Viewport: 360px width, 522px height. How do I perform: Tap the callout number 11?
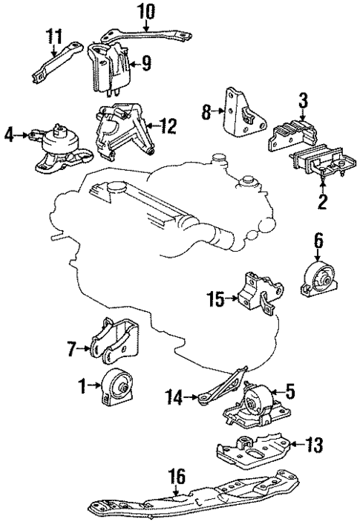(54, 36)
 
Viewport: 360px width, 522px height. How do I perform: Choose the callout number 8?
(207, 114)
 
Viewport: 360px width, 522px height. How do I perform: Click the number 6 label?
(318, 240)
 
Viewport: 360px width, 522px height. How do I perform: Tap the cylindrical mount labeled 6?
(317, 278)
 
